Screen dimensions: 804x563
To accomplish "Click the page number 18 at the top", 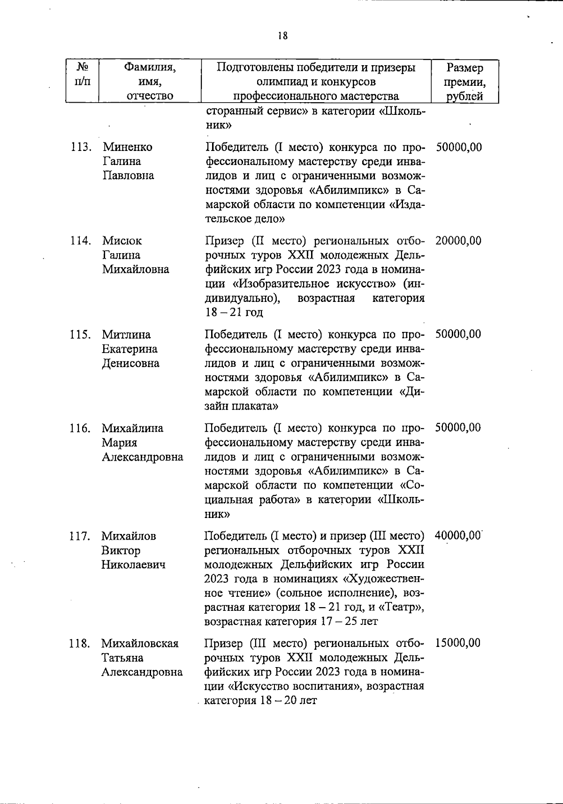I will click(282, 36).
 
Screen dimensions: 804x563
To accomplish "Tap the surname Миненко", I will click(128, 147).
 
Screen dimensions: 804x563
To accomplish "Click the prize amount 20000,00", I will click(458, 241).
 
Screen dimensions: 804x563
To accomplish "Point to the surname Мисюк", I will click(122, 241).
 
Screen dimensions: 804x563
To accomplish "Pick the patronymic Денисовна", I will click(130, 363).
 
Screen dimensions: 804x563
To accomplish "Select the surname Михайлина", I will click(133, 428).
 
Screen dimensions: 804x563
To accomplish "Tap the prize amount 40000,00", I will click(458, 536).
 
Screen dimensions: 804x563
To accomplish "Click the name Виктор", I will click(121, 550).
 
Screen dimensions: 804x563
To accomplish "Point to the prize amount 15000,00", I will click(457, 643).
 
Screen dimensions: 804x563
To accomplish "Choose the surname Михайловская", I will click(140, 643).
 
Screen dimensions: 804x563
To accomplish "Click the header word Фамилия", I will click(150, 68).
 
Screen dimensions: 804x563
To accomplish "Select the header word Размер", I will click(464, 68).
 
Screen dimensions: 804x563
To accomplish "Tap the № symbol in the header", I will click(82, 68).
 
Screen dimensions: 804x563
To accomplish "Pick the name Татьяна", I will click(122, 658).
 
